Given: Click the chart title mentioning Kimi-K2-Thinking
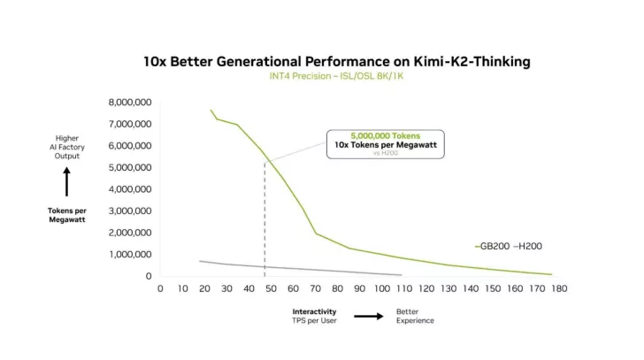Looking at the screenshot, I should click(x=336, y=62).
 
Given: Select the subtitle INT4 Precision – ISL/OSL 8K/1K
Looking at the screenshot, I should click(x=336, y=77).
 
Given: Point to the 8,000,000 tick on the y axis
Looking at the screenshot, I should click(x=129, y=102).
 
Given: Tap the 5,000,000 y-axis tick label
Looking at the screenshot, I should click(x=129, y=167).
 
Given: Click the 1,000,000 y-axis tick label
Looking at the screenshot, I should click(x=129, y=255).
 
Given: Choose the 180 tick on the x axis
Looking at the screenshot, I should click(x=559, y=287).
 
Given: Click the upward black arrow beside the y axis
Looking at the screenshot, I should click(x=66, y=183).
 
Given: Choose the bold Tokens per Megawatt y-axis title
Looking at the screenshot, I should click(x=66, y=215).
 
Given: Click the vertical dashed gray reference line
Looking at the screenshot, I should click(x=264, y=221).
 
